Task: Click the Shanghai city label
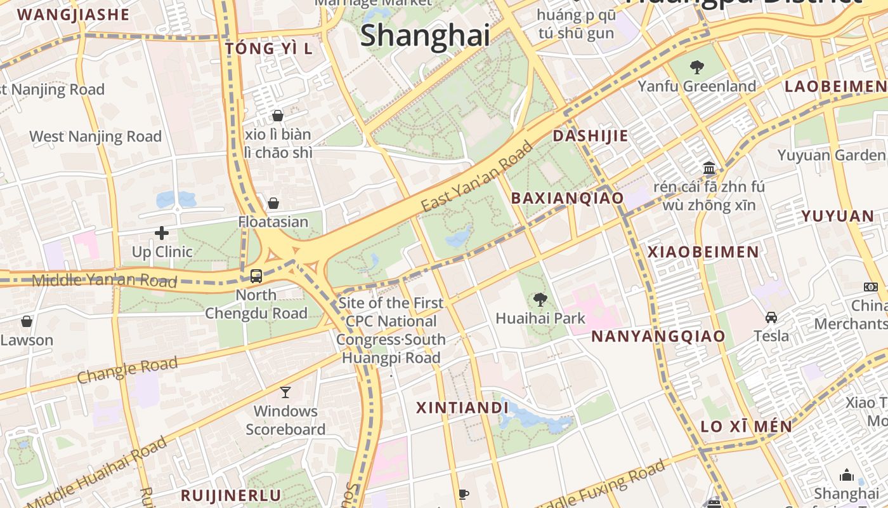pos(425,36)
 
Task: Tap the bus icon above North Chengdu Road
pos(256,276)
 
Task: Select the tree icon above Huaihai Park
pos(540,299)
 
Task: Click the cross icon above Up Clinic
pos(162,233)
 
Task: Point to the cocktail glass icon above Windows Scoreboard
pos(285,392)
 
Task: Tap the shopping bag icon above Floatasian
pos(273,203)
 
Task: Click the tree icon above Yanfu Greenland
pos(697,67)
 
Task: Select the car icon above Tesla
pos(771,317)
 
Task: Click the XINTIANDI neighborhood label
pos(462,408)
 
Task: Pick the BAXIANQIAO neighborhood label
pos(568,198)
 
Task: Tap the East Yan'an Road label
pos(477,177)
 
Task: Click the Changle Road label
pos(127,370)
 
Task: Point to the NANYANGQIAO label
pos(658,337)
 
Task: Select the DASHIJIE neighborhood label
pos(591,136)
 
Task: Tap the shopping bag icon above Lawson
pos(27,321)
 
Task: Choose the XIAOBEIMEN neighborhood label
pos(703,252)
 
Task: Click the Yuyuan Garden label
pos(831,155)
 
